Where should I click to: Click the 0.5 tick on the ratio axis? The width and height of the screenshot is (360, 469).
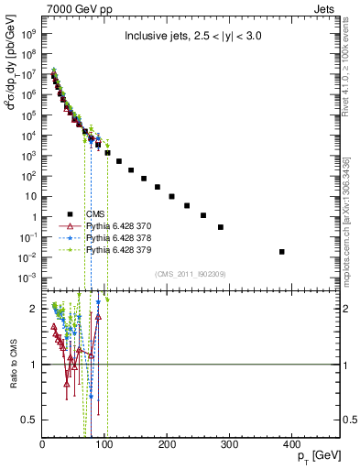(31, 420)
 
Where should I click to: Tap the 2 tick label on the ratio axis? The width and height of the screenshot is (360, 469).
(35, 309)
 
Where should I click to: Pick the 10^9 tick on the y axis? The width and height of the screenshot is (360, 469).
(27, 35)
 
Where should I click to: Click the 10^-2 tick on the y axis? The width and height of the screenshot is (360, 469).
(27, 257)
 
